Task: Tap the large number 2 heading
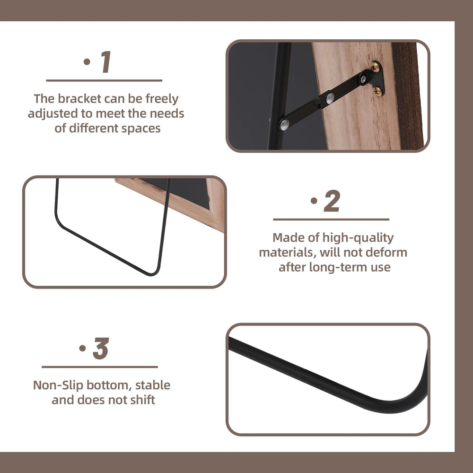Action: click(333, 202)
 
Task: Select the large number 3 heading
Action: click(101, 349)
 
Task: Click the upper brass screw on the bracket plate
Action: click(375, 67)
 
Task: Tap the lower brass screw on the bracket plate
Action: click(377, 91)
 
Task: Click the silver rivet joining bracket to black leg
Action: click(284, 124)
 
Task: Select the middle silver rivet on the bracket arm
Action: click(330, 98)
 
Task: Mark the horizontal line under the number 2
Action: click(331, 219)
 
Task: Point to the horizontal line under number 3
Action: click(99, 367)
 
